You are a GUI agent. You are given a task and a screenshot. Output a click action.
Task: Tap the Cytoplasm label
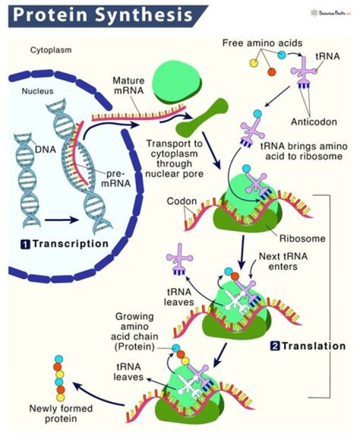click(49, 50)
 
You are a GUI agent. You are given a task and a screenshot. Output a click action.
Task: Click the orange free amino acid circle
click(272, 72)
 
